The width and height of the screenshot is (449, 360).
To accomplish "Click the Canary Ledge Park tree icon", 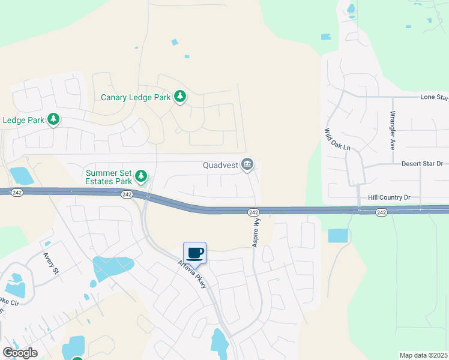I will pyautogui.click(x=179, y=97).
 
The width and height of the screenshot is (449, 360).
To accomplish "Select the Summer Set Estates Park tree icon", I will pyautogui.click(x=140, y=176).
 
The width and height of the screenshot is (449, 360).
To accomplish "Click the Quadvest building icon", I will pyautogui.click(x=247, y=164).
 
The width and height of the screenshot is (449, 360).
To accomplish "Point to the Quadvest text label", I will pyautogui.click(x=220, y=165).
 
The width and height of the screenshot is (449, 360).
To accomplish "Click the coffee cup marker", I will pyautogui.click(x=194, y=253).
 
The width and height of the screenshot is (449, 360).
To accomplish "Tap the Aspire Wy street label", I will pyautogui.click(x=255, y=232).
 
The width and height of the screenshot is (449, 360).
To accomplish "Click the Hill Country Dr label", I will pyautogui.click(x=389, y=197).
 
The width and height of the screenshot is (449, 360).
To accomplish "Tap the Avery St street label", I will pyautogui.click(x=50, y=262).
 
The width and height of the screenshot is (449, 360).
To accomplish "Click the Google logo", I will pyautogui.click(x=20, y=352).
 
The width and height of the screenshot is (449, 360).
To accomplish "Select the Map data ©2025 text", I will pyautogui.click(x=424, y=355).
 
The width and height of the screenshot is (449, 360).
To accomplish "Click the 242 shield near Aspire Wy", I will pyautogui.click(x=253, y=212).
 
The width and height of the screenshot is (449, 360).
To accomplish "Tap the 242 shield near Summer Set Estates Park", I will pyautogui.click(x=126, y=194).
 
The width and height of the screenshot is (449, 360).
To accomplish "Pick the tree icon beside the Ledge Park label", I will pyautogui.click(x=53, y=120).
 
